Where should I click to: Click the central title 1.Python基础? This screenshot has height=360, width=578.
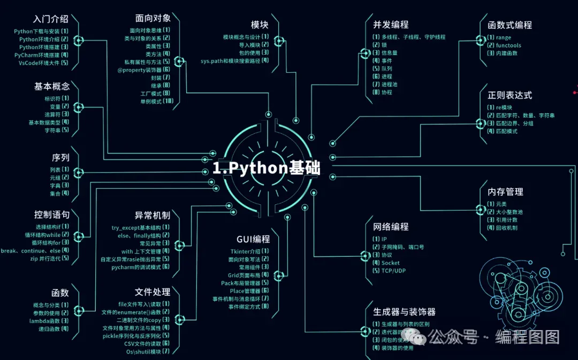click(266, 168)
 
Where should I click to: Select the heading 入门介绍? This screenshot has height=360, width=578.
click(50, 19)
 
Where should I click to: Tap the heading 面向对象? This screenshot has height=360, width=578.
click(154, 19)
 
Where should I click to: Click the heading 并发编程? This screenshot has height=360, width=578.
click(391, 25)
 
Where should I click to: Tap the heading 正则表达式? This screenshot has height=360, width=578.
click(509, 95)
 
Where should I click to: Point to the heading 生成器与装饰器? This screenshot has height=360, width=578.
click(404, 312)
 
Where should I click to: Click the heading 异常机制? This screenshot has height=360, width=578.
click(153, 216)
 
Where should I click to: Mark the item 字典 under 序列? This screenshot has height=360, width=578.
click(55, 185)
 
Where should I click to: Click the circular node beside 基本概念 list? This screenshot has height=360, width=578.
click(78, 108)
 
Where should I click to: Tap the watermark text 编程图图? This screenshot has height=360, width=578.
click(527, 337)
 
